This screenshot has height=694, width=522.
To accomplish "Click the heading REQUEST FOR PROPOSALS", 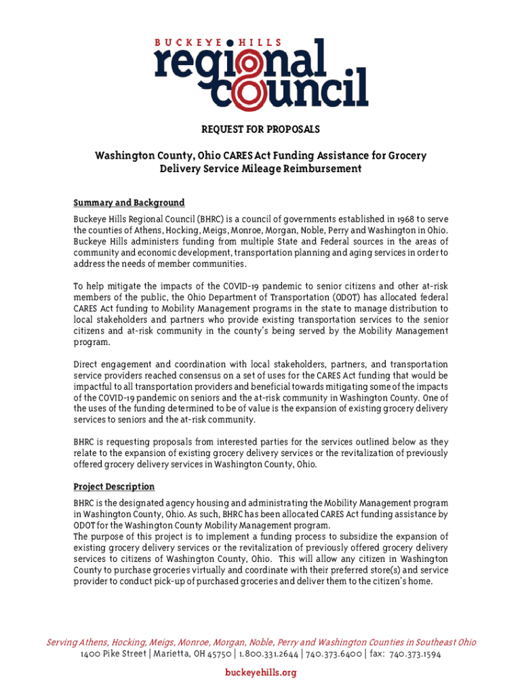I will coord(260,129).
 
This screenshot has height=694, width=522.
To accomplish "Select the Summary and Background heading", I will coord(129,203).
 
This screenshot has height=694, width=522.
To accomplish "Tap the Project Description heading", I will coord(114,487).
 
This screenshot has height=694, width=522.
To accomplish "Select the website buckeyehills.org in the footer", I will coord(260,672).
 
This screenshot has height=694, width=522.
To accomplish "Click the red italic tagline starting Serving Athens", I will coord(260,642).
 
